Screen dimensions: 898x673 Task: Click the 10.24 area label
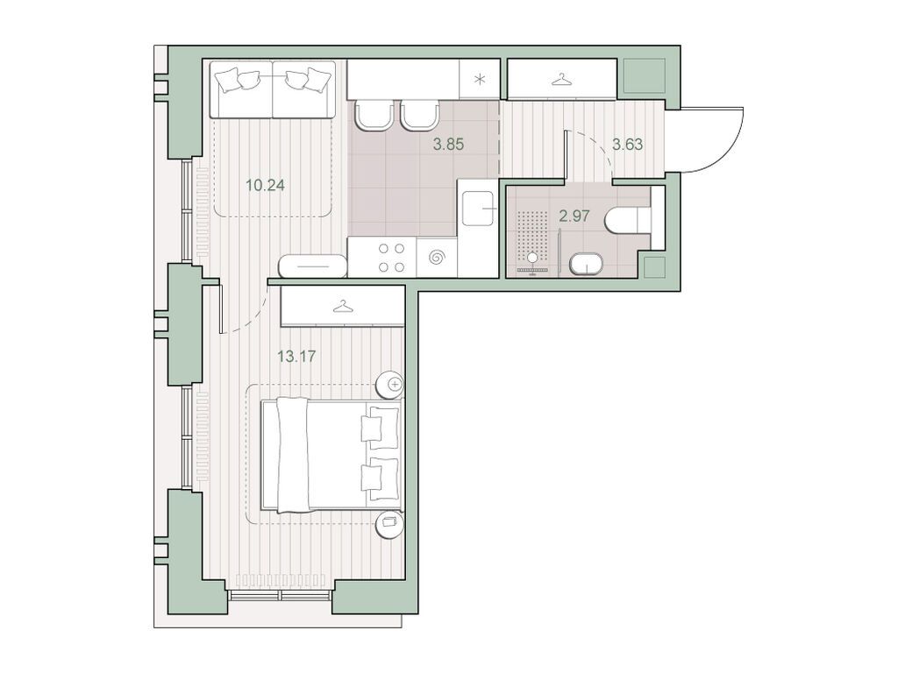tap(265, 186)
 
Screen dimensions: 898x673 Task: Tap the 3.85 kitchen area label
tap(448, 145)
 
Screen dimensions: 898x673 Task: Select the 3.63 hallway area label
tap(627, 145)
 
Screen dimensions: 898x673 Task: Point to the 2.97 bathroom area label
tap(574, 216)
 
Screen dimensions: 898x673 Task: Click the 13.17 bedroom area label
tap(296, 357)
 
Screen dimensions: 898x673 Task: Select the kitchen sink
tap(480, 209)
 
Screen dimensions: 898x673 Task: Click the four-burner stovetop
tap(392, 258)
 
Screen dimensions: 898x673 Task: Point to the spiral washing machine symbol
tap(437, 258)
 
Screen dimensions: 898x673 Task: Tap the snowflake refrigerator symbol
tap(480, 79)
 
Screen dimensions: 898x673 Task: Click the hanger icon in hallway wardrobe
tap(562, 80)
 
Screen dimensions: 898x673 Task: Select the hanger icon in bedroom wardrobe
tap(343, 308)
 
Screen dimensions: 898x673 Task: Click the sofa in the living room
tap(272, 89)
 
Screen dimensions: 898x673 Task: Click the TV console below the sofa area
tap(313, 266)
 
